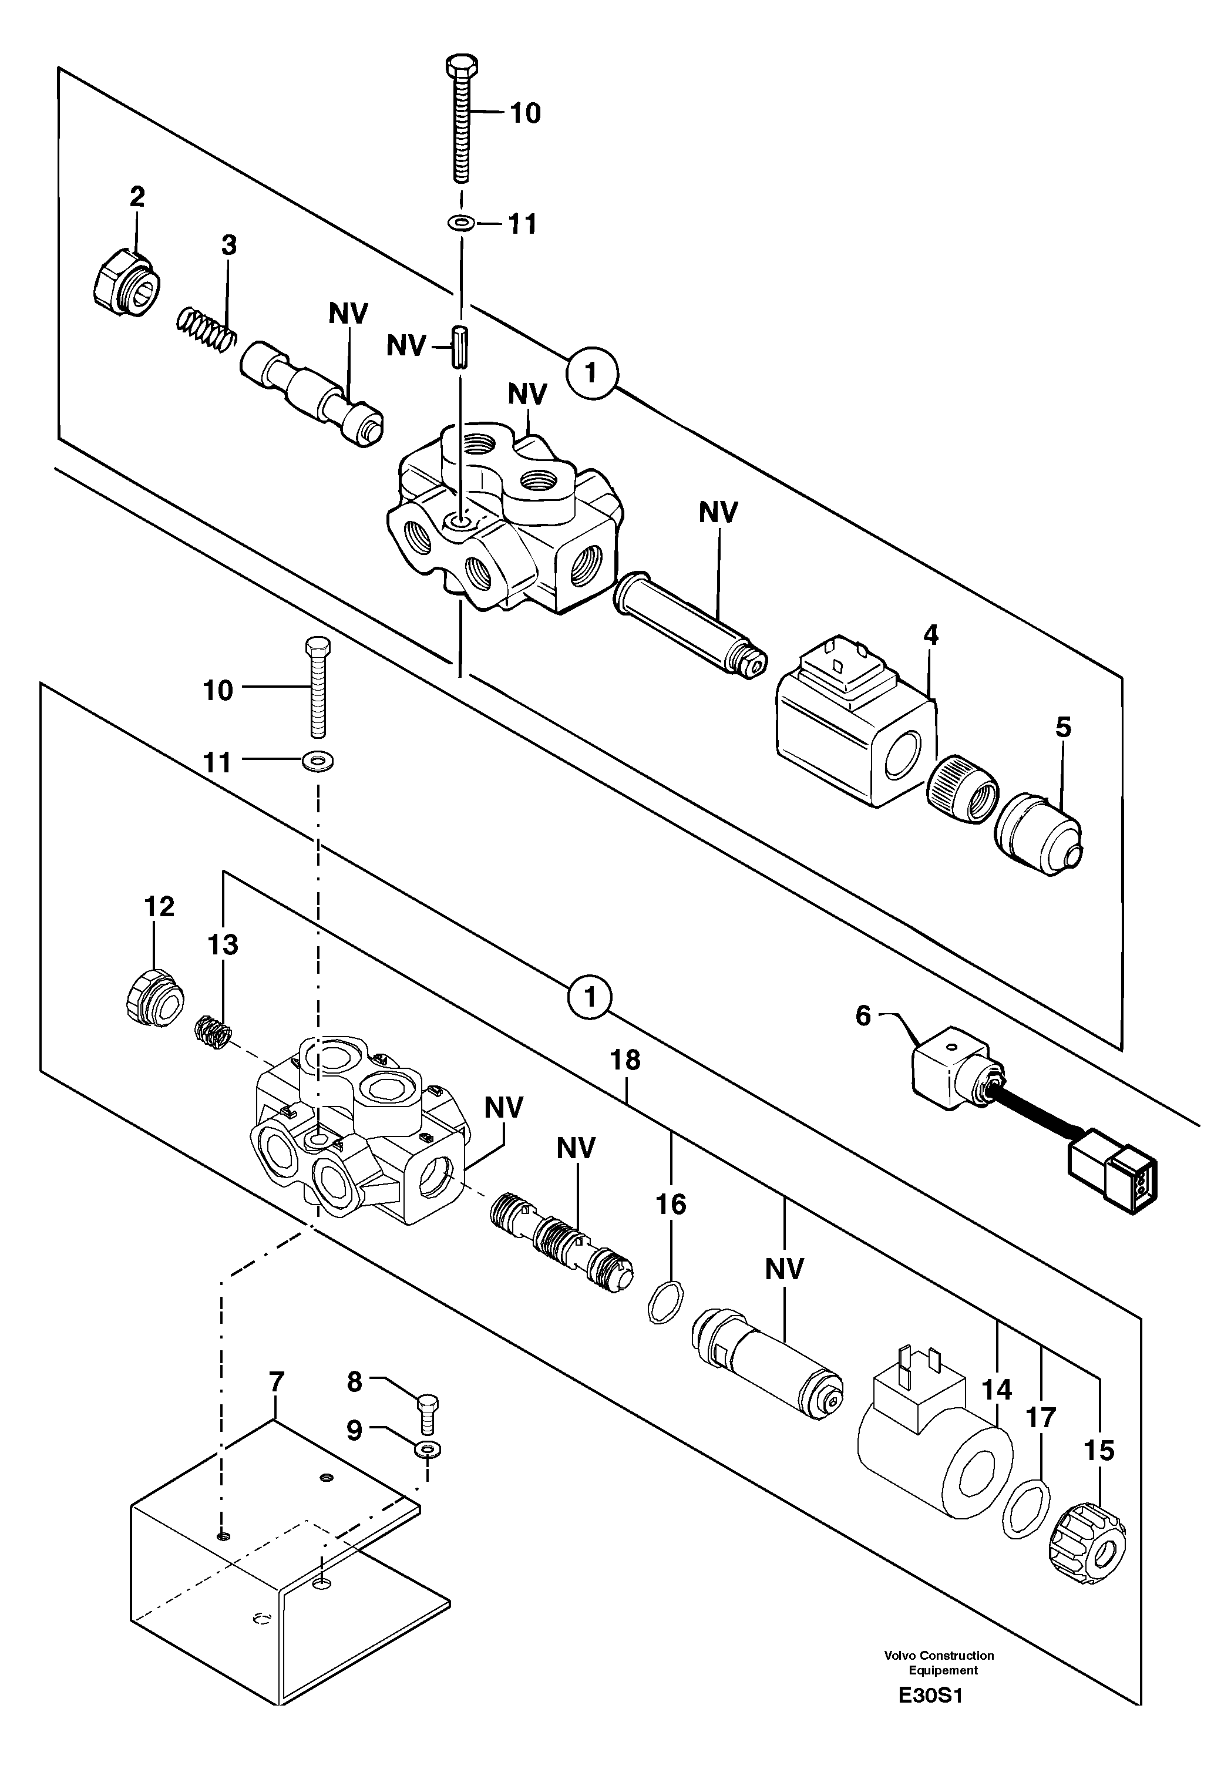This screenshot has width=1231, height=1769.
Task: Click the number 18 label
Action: click(625, 1061)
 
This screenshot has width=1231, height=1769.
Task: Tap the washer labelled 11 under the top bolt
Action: click(460, 223)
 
